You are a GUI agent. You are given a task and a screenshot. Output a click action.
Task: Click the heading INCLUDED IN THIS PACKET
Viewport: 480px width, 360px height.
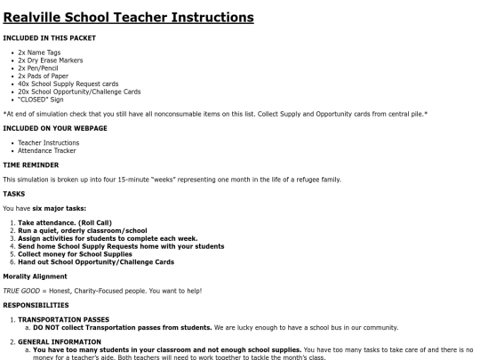coord(50,38)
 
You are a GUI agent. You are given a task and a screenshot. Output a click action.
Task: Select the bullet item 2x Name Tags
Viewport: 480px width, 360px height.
coord(36,52)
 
